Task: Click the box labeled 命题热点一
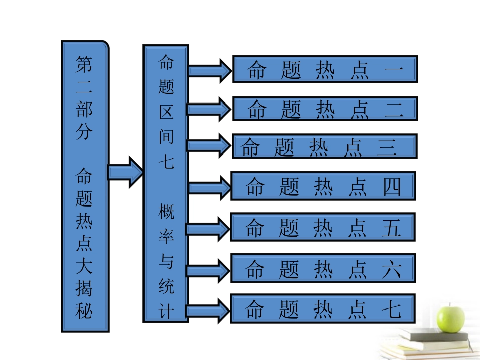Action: coord(325,69)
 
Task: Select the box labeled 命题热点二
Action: coord(325,109)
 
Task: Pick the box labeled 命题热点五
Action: coord(323,227)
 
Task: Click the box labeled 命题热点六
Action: coord(323,268)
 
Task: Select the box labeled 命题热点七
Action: coord(323,308)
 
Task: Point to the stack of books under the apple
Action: coord(429,343)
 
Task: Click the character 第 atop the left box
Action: coord(84,65)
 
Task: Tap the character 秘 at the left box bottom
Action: coord(84,310)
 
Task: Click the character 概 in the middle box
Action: coord(166,212)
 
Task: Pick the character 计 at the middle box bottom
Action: coord(166,310)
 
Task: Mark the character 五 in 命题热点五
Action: coord(392,228)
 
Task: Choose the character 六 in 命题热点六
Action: coord(392,269)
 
